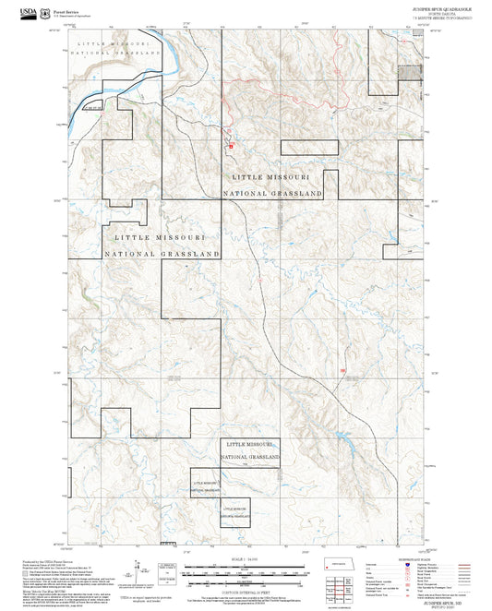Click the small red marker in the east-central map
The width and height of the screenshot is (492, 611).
(343, 372)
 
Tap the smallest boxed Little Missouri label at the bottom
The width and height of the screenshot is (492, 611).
(235, 510)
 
